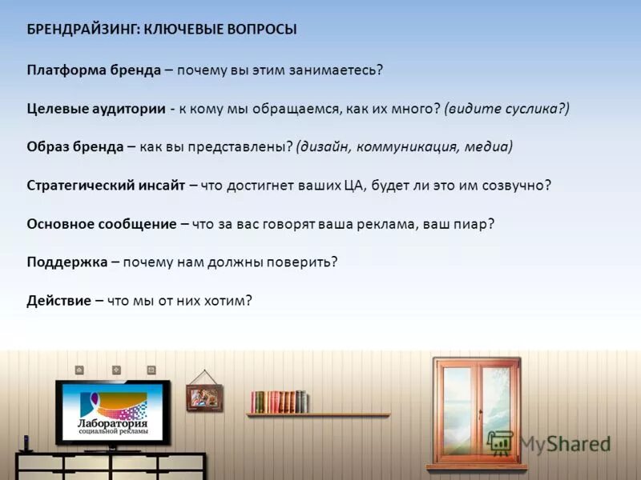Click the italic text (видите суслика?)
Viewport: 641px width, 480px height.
(506, 108)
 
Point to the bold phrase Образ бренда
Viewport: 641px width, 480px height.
(75, 147)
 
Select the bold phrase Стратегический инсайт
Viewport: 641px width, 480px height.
(106, 186)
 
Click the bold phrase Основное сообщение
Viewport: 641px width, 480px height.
(101, 224)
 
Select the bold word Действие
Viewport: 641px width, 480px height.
(59, 301)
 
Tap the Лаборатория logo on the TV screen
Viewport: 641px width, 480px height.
(112, 413)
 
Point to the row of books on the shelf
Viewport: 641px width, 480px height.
(278, 402)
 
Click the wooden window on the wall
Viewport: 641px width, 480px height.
(477, 413)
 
